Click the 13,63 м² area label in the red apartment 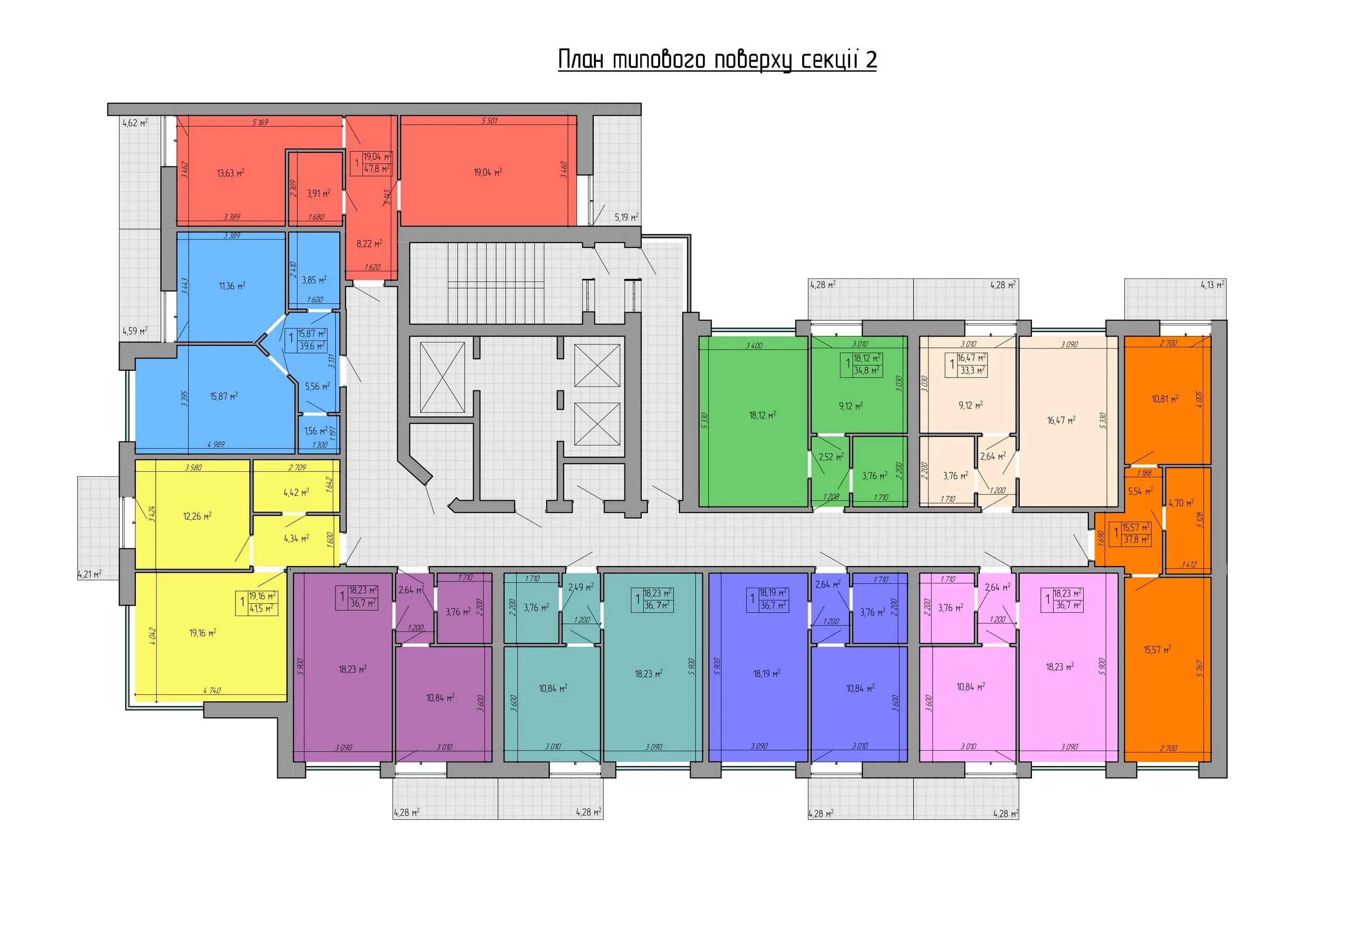pyautogui.click(x=231, y=173)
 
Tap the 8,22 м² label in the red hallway pyautogui.click(x=369, y=243)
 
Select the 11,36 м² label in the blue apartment pyautogui.click(x=232, y=286)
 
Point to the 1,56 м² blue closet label pyautogui.click(x=315, y=431)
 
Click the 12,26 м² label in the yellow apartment pyautogui.click(x=197, y=516)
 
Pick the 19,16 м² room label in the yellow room pyautogui.click(x=203, y=633)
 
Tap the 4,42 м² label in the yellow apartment pyautogui.click(x=296, y=493)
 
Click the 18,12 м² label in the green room pyautogui.click(x=762, y=415)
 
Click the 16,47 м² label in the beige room pyautogui.click(x=1061, y=420)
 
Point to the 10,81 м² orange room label pyautogui.click(x=1165, y=399)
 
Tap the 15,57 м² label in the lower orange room pyautogui.click(x=1157, y=650)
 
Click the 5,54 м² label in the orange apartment pyautogui.click(x=1140, y=491)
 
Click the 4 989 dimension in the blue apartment pyautogui.click(x=216, y=445)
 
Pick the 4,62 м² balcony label pyautogui.click(x=135, y=123)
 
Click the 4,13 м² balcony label pyautogui.click(x=1212, y=285)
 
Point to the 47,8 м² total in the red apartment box pyautogui.click(x=376, y=169)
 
